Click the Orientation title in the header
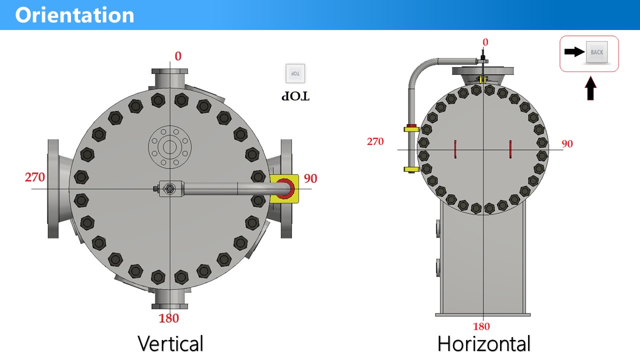[x=74, y=15]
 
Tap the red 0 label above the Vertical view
[x=178, y=56]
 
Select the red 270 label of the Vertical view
[x=35, y=177]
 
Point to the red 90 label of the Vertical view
[x=310, y=178]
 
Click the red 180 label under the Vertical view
[x=169, y=318]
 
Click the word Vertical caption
[x=170, y=343]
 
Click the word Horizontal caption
[x=484, y=343]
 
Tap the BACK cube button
[x=596, y=52]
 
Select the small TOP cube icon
[x=295, y=73]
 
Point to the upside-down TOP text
[x=295, y=96]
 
